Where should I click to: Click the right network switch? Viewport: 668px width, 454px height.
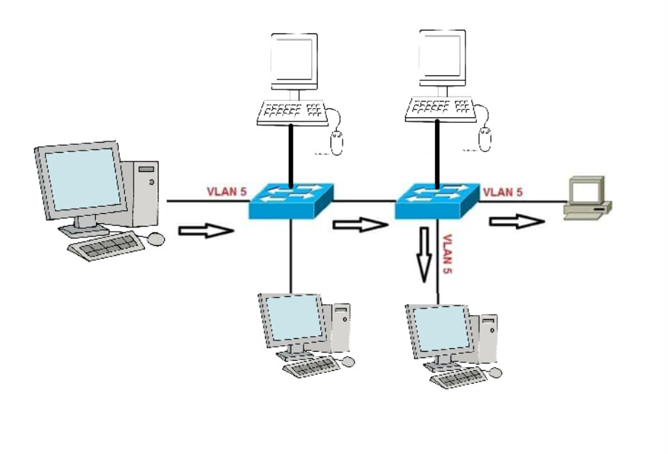[x=438, y=200]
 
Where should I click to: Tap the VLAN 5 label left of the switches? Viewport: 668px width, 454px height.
[x=226, y=192]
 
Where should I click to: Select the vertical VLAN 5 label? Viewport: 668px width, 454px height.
[x=448, y=254]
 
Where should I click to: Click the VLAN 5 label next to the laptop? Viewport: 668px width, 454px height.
[x=502, y=192]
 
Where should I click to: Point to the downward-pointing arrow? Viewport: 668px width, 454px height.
[x=424, y=253]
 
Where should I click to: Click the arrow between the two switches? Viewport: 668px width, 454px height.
[x=360, y=225]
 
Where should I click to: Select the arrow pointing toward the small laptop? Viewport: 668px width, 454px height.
[x=516, y=222]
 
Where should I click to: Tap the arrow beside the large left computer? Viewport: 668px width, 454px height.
[x=205, y=231]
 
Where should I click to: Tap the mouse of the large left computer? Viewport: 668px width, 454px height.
[x=156, y=239]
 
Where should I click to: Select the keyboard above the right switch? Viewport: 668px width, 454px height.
[x=441, y=109]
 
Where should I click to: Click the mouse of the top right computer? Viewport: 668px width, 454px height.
[x=485, y=139]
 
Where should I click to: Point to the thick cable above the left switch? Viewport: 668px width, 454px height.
[x=291, y=152]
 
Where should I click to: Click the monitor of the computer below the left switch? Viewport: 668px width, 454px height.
[x=291, y=319]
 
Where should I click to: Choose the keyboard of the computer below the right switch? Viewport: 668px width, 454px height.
[x=458, y=377]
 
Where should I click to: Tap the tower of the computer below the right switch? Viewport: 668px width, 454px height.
[x=487, y=337]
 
